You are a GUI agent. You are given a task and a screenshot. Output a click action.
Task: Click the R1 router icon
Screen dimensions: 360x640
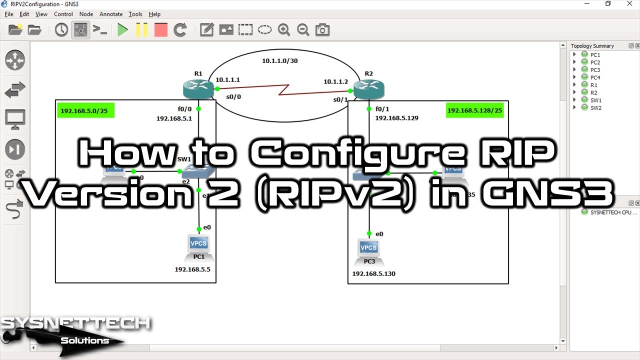[198, 89]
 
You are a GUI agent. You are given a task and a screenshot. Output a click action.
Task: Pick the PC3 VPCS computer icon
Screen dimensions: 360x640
[368, 248]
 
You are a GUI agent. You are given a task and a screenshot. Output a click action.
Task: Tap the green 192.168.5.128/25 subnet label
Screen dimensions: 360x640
[474, 110]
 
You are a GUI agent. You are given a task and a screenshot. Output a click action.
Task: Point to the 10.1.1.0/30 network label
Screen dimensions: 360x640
[280, 61]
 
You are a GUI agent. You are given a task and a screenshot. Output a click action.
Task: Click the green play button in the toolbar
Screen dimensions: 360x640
[122, 30]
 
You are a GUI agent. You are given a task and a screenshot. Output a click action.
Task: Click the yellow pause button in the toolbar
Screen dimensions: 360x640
[141, 30]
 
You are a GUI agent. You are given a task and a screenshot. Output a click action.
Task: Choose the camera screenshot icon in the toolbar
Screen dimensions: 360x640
[322, 30]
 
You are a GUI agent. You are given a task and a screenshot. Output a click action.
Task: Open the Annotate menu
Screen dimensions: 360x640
[110, 14]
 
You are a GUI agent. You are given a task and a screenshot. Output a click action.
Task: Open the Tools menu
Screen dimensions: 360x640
[135, 14]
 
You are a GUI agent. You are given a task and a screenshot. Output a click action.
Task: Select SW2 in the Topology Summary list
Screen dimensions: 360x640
[595, 108]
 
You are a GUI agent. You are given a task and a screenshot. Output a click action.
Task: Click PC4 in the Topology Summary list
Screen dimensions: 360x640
[595, 77]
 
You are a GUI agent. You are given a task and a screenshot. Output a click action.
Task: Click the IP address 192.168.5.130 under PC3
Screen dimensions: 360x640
[373, 273]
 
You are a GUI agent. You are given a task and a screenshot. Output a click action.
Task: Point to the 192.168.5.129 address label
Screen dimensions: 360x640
[396, 118]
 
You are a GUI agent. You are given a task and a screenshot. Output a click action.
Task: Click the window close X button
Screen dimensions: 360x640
[629, 4]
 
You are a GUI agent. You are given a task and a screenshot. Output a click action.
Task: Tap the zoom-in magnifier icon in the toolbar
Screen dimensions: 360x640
[284, 30]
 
